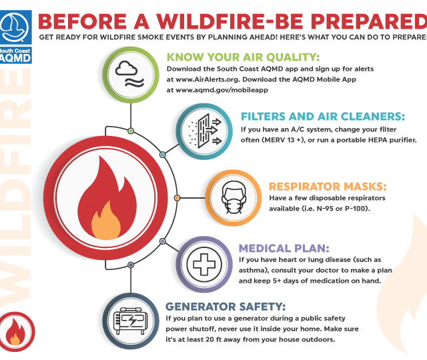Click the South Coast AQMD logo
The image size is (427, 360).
15,37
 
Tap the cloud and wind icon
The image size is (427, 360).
130,74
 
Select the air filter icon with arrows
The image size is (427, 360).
205,131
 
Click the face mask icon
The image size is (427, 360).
234,197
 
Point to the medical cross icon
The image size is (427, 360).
204,264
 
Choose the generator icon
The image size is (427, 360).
131,321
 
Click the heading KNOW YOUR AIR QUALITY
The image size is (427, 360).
243,57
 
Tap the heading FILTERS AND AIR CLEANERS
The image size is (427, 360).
323,117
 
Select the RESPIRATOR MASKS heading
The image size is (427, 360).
328,187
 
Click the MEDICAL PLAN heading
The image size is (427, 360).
284,249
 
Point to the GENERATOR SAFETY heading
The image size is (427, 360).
226,307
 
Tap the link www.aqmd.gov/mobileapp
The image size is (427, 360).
222,90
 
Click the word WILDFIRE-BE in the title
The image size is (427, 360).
230,21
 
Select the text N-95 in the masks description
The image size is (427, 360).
325,209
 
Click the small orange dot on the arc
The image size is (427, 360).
177,198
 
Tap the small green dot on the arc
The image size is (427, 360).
131,131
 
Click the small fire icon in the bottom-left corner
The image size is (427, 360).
15,332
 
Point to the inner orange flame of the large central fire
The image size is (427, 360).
105,222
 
